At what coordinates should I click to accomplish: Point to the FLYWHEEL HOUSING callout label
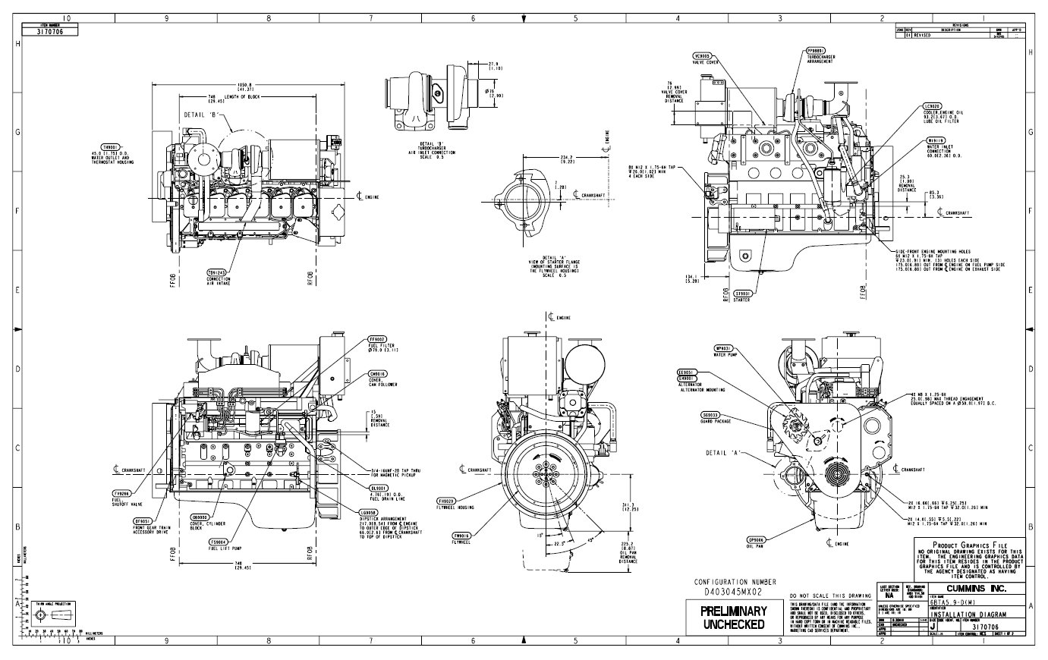[455, 504]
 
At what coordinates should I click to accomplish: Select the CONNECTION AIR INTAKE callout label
[218, 275]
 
